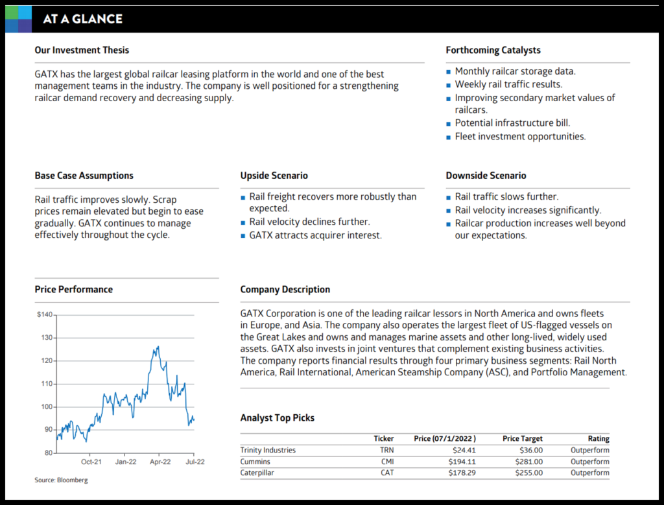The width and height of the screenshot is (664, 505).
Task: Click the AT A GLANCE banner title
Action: [82, 19]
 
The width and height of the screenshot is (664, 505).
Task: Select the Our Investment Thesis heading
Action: [82, 50]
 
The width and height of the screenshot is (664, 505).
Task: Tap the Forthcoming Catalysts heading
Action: [493, 50]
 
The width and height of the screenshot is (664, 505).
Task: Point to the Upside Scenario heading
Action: [274, 176]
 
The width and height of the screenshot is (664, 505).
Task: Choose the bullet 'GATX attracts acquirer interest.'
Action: [316, 235]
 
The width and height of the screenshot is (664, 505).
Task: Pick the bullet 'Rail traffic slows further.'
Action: [506, 196]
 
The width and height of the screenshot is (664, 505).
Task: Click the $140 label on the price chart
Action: [45, 314]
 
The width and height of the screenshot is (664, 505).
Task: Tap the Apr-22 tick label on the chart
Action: [160, 462]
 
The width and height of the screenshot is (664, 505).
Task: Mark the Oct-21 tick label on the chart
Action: [91, 462]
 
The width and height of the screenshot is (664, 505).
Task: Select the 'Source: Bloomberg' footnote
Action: [61, 480]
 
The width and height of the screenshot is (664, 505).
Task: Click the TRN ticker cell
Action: [386, 450]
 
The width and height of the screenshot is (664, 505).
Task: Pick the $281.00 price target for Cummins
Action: [529, 462]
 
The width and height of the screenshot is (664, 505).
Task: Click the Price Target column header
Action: [522, 439]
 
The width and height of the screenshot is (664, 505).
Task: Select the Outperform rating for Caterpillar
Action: [589, 473]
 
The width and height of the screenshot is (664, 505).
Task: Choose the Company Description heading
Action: [285, 290]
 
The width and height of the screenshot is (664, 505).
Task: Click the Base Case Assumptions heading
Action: [84, 176]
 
